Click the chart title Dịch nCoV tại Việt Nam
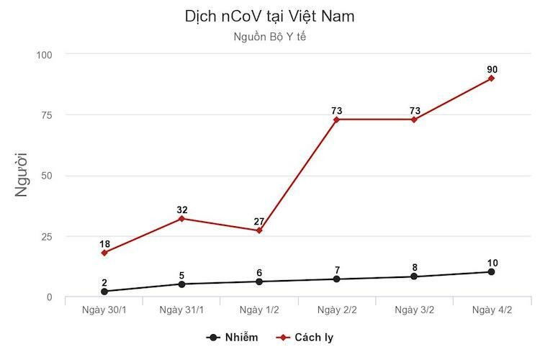click(x=269, y=16)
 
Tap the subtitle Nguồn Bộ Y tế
click(x=269, y=36)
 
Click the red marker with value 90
click(x=491, y=78)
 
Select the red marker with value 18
click(x=104, y=253)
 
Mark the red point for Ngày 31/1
click(x=181, y=218)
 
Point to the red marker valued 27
click(x=259, y=230)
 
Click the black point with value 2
click(x=104, y=292)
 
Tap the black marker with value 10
click(x=491, y=272)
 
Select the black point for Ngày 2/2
click(x=336, y=279)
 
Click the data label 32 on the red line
click(x=181, y=210)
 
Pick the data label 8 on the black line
click(x=414, y=267)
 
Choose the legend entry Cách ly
click(x=307, y=337)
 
